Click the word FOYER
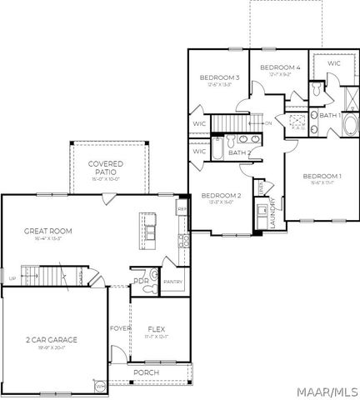point(121,328)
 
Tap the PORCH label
point(147,372)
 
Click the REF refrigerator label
point(182,207)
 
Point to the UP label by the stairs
point(12,278)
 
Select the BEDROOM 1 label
point(322,176)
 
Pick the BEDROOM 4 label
point(278,67)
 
